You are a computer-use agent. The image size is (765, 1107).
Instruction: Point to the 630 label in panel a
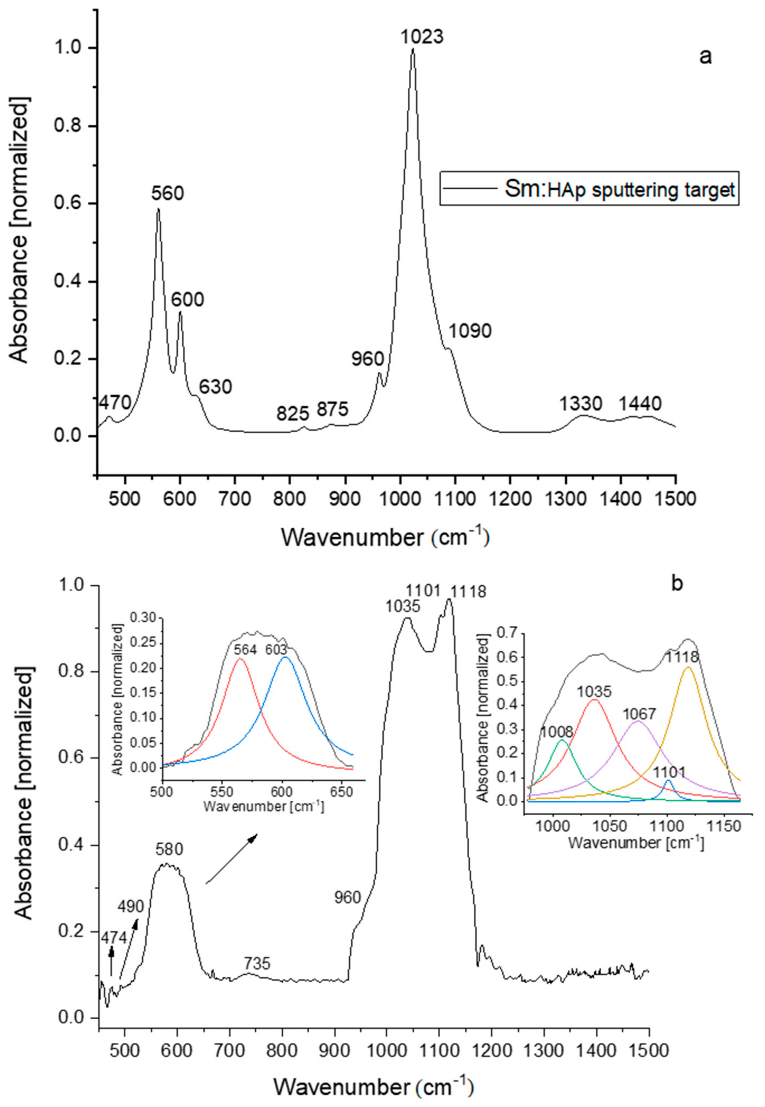point(216,386)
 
